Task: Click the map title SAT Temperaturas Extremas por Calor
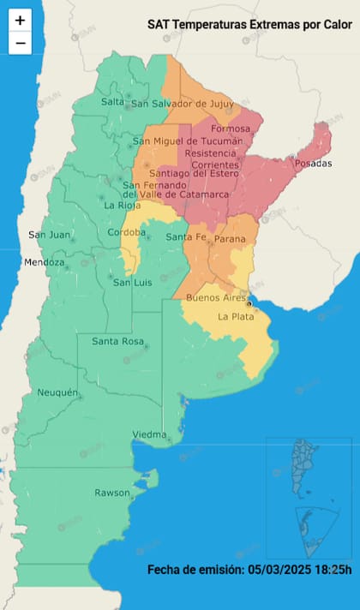click(249, 26)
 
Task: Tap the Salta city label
click(113, 101)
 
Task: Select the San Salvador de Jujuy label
click(182, 105)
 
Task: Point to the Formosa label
click(231, 129)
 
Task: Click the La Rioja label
click(121, 206)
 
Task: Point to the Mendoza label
click(44, 262)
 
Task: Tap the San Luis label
click(133, 283)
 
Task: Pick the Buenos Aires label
click(217, 297)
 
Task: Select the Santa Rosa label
click(117, 342)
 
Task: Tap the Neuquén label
click(58, 392)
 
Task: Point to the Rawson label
click(112, 493)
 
